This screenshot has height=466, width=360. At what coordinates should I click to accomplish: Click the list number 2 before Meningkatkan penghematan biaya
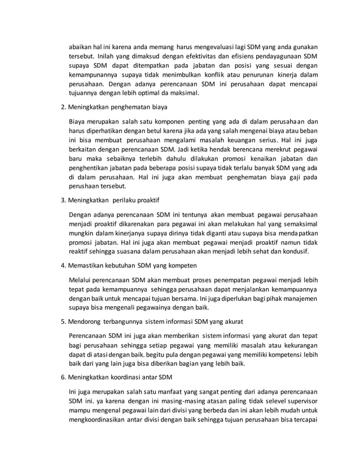(62, 106)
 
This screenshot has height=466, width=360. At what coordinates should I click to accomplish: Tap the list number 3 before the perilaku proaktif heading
(62, 199)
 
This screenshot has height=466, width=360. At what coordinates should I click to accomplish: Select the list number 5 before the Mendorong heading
(62, 322)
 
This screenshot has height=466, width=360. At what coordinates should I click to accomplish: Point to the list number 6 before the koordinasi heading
(62, 376)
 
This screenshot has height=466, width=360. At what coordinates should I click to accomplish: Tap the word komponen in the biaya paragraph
(169, 120)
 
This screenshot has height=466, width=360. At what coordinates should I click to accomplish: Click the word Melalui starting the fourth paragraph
(81, 279)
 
